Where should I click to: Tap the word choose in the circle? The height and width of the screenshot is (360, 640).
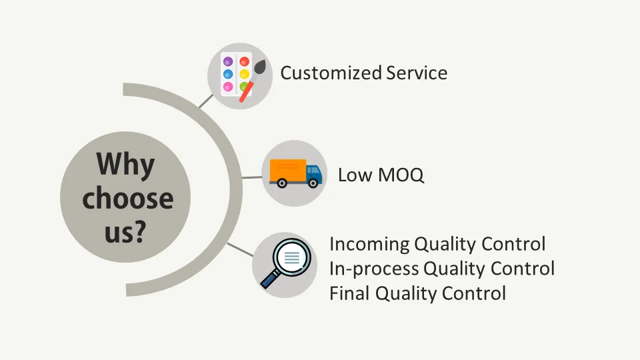[127, 198]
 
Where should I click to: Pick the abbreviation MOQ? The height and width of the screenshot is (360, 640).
[400, 175]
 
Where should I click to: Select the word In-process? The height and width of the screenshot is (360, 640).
[374, 269]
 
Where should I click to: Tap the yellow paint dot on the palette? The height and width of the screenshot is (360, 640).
[245, 74]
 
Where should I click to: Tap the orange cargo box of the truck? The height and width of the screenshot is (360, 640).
[287, 170]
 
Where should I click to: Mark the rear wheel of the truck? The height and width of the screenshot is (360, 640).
[282, 183]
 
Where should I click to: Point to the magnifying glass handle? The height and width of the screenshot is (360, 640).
[269, 279]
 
